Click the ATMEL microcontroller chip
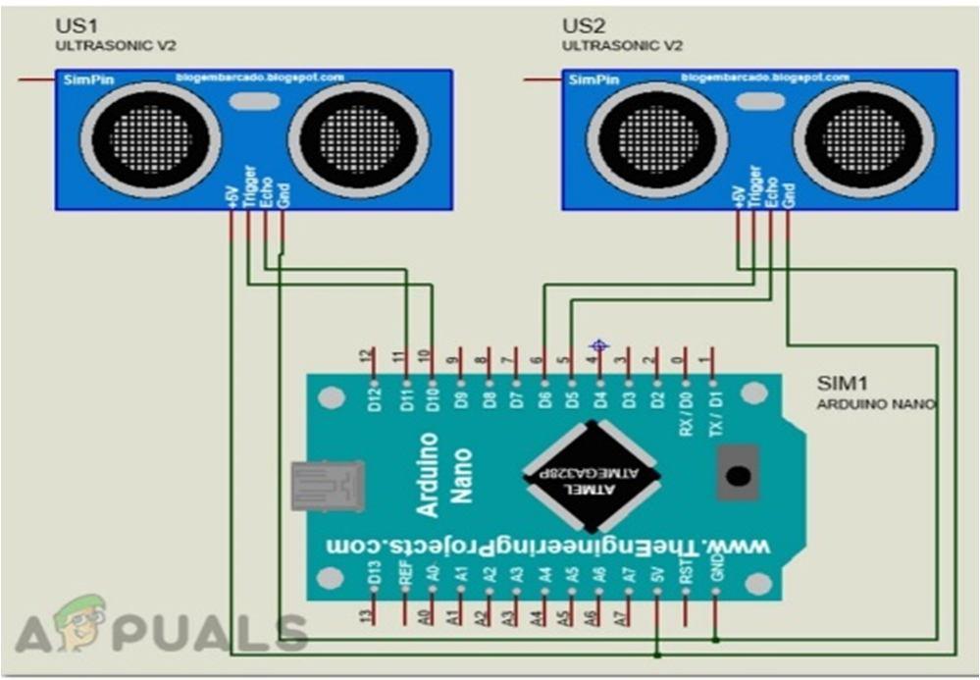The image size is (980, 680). pos(591,476)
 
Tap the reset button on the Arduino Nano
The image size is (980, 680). pos(738,476)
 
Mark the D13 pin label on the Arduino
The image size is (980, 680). pos(374,574)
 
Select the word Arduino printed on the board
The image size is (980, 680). pos(429,475)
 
